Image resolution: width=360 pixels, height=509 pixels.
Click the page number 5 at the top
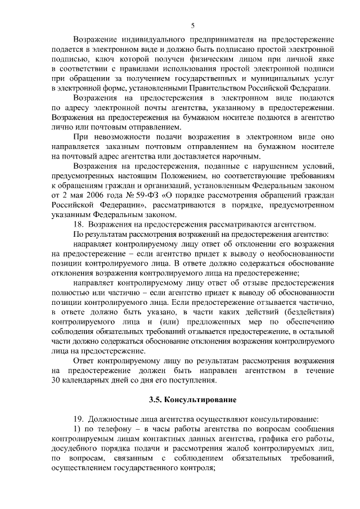pyautogui.click(x=192, y=25)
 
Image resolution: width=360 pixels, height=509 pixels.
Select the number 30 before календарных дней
pyautogui.click(x=56, y=380)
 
